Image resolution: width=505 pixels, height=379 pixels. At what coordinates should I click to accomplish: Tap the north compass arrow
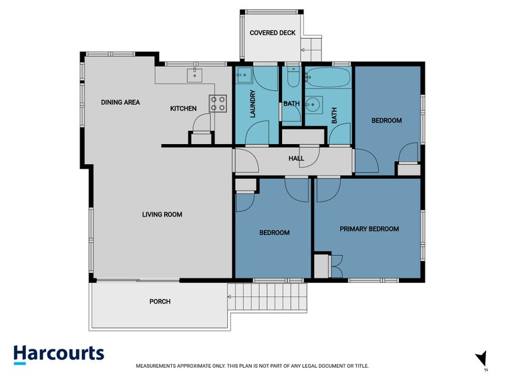tap(481, 359)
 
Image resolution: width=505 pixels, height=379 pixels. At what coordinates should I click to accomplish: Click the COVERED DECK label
tap(272, 33)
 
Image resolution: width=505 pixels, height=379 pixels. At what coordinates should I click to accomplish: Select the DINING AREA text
tap(121, 102)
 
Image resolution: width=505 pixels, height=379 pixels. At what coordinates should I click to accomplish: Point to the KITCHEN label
tap(183, 109)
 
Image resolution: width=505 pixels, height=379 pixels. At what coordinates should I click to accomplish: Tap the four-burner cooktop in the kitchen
tap(218, 103)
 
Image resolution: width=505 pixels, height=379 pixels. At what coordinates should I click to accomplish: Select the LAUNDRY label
tap(252, 106)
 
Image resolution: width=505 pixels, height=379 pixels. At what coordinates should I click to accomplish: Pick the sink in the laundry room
tap(242, 76)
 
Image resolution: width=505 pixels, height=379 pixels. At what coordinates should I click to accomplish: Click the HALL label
tap(296, 159)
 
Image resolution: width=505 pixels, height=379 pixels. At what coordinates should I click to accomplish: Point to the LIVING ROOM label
tap(162, 215)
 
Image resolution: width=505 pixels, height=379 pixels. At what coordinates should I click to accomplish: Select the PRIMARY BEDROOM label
tap(369, 229)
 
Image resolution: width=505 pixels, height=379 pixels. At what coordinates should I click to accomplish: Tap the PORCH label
tap(160, 301)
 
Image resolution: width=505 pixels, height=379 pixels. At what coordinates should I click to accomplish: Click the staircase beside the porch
tap(268, 296)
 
